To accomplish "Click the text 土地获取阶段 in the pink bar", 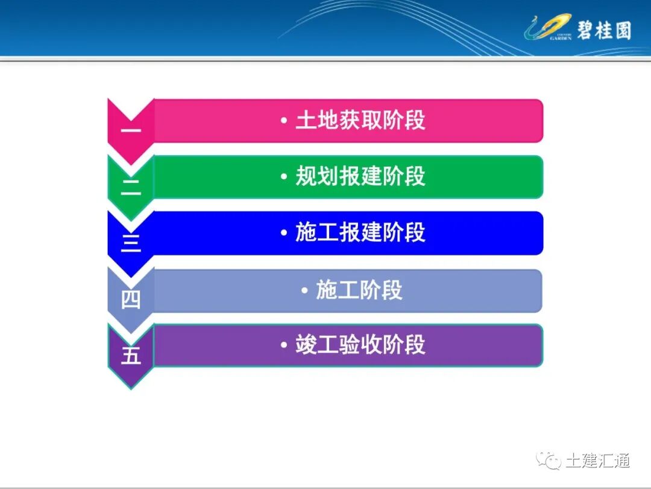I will [360, 120].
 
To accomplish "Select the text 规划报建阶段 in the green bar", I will [360, 176].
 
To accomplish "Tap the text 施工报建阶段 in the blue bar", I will [360, 232].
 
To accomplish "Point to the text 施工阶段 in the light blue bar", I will [359, 290].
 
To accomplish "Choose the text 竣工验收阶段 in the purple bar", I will [360, 345].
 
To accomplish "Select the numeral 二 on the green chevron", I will [131, 187].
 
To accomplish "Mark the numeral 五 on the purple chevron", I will [131, 356].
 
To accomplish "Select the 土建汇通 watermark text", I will [598, 461].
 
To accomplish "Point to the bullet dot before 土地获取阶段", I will [284, 121].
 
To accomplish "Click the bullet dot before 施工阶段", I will [305, 291].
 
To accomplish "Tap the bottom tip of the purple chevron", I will [131, 387].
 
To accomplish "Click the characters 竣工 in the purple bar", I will [317, 345].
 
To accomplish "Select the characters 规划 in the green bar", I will [317, 176].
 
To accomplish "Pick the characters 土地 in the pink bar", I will [317, 120].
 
